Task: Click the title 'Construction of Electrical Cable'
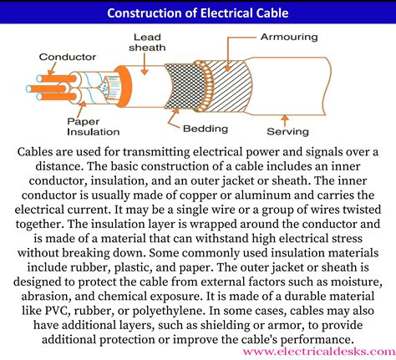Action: coord(198,13)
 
